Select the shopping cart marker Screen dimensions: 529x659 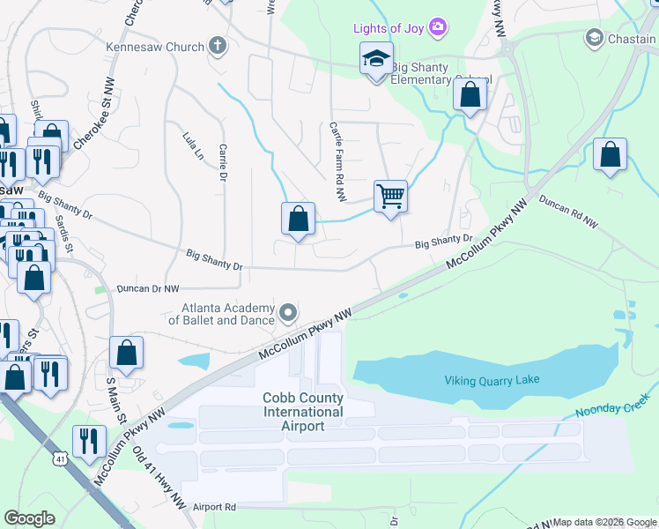pos(390,195)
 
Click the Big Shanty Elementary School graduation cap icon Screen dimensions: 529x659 pos(376,59)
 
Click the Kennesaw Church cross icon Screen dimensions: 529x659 pos(217,46)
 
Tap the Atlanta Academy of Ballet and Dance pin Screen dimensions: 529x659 pos(288,312)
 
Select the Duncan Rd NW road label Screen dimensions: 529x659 pos(568,212)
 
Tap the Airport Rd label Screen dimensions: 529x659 pos(216,507)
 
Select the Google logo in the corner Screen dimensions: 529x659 pos(30,518)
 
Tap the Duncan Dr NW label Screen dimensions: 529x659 pos(149,288)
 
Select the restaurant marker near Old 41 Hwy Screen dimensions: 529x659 pos(89,440)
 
